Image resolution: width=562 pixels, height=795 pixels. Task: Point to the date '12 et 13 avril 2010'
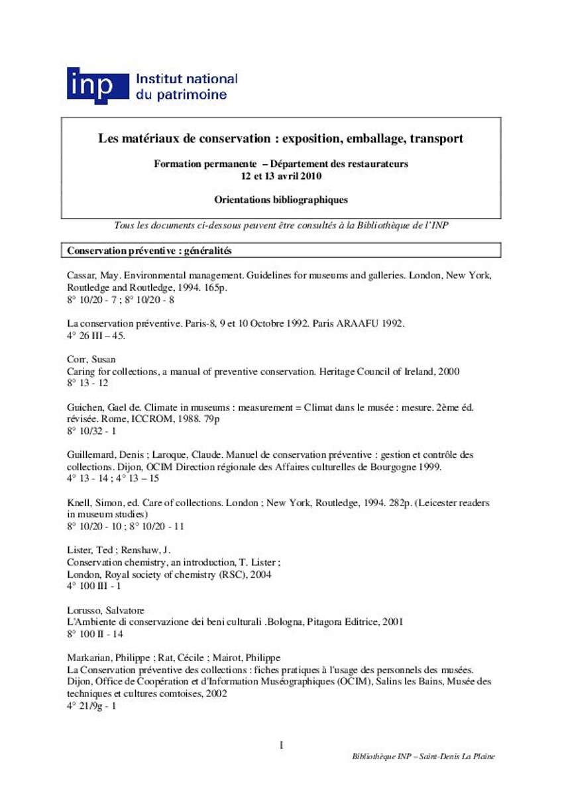pos(281,176)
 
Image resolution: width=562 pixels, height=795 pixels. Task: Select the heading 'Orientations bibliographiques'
pos(281,199)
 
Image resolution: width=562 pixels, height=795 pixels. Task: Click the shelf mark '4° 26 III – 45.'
pos(96,335)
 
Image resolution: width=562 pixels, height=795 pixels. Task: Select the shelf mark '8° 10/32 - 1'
pos(91,431)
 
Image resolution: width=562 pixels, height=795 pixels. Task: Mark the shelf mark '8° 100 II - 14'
pos(95,633)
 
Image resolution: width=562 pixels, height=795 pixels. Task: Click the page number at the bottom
pos(281,745)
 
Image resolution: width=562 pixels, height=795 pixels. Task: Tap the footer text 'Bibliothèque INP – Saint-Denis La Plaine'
pos(424,757)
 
